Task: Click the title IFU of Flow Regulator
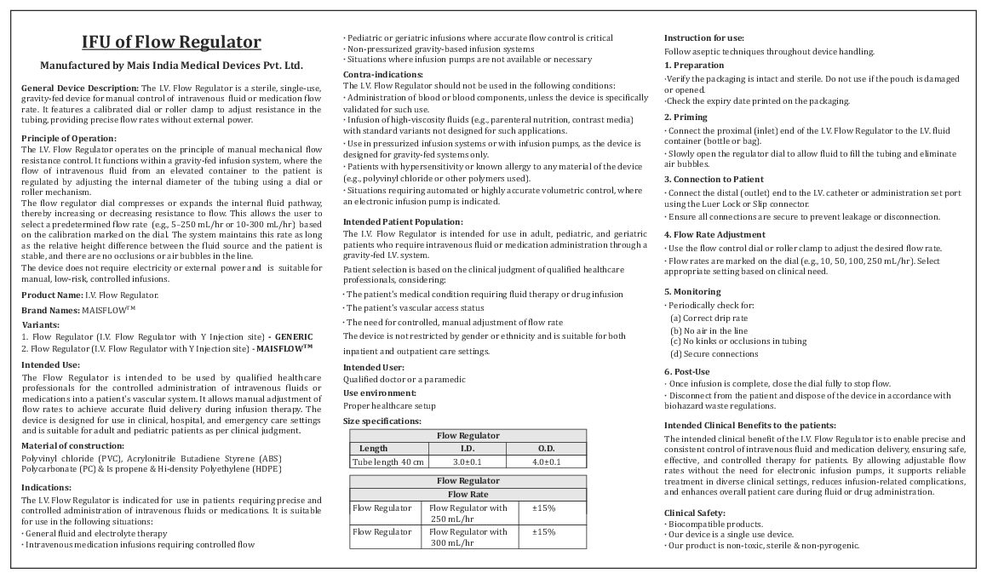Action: click(171, 43)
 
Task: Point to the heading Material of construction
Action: click(72, 445)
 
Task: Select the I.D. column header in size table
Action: click(468, 448)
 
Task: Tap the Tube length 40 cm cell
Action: click(387, 461)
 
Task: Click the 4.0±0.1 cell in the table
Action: click(546, 461)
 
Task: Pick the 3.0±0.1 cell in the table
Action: click(468, 461)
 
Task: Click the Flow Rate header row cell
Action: click(468, 494)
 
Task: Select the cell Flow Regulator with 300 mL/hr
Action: click(468, 537)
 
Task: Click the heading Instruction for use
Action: click(703, 38)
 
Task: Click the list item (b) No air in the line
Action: click(709, 330)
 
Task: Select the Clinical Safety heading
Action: click(694, 513)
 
